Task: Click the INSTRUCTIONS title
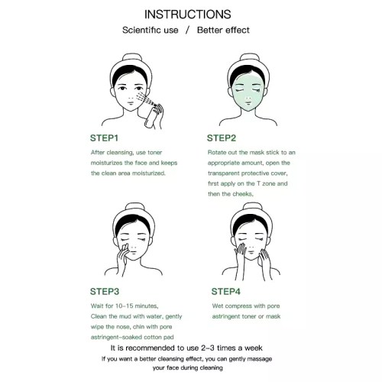point(188,15)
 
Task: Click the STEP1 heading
point(104,138)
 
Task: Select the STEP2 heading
point(222,138)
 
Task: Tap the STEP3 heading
point(105,292)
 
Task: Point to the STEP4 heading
point(226,292)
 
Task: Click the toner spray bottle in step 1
point(151,116)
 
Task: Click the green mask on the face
point(248,93)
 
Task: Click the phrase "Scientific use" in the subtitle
point(151,30)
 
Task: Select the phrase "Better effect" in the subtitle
point(223,30)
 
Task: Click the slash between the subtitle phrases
point(188,30)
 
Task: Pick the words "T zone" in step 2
point(266,183)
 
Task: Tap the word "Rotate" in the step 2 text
point(216,152)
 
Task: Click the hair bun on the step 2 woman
point(250,57)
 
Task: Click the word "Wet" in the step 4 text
point(218,306)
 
